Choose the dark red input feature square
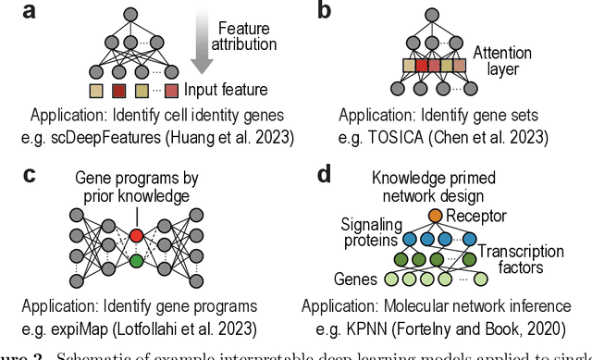pos(118,91)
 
